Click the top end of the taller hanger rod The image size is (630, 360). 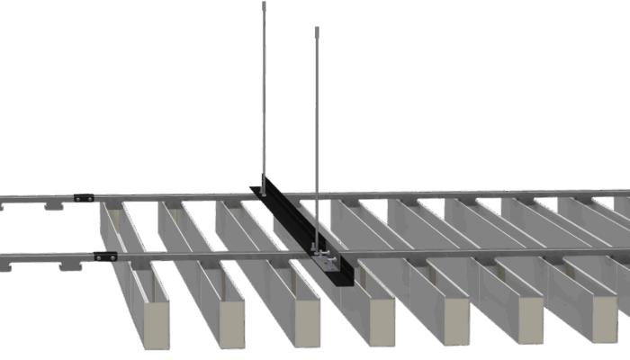pos(264,5)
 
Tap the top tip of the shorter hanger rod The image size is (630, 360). pos(317,30)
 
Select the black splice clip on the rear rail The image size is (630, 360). pos(84,196)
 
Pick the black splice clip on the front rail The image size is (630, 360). pos(105,256)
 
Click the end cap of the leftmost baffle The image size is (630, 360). pos(157,324)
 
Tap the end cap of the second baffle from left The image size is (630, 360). pos(231,323)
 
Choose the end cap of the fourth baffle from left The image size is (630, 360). pos(382,322)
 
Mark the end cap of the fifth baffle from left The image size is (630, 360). pos(456,320)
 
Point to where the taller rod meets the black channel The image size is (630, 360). pos(264,184)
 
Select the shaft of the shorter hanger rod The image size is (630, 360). pos(317,135)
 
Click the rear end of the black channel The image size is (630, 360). pos(255,189)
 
